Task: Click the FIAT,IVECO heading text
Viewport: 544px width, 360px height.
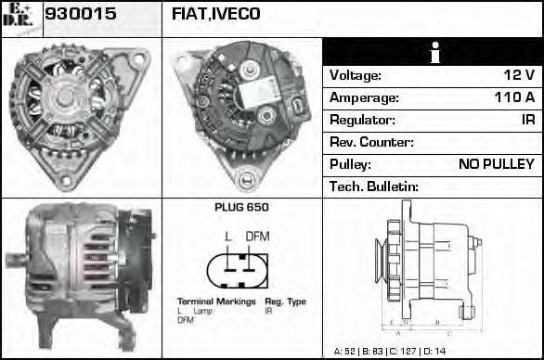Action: point(216,15)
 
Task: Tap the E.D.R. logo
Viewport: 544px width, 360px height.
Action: point(19,18)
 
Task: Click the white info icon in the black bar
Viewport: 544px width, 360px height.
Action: point(434,54)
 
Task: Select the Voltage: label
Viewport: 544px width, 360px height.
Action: point(356,76)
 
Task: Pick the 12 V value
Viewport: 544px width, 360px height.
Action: point(518,76)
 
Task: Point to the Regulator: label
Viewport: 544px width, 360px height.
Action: point(362,120)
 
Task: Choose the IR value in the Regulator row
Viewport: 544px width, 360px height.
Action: point(527,120)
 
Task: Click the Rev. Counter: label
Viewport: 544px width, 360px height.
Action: point(371,142)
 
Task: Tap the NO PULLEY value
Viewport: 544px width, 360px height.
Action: point(497,164)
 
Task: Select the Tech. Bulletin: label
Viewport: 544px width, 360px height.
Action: point(374,186)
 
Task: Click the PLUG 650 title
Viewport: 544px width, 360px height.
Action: point(240,209)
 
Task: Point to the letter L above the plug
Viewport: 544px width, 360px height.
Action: point(228,236)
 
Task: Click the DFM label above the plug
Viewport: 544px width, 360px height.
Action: point(256,236)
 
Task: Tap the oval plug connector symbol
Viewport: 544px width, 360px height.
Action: point(240,268)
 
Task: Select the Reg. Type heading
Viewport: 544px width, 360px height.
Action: point(285,302)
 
